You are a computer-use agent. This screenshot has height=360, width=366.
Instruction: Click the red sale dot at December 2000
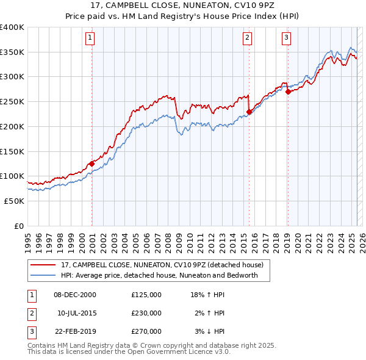(91, 164)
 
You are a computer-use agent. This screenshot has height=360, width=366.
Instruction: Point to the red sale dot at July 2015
(249, 112)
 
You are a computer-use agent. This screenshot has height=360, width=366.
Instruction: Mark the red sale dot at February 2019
(288, 92)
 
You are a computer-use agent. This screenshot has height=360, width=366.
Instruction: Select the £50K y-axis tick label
(15, 201)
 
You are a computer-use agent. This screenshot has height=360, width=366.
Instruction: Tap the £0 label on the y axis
(20, 226)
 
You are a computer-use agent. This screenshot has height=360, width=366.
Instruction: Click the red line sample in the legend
(43, 265)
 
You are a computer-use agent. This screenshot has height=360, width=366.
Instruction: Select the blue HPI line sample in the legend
(43, 275)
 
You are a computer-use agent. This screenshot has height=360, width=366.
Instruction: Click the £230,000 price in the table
(146, 313)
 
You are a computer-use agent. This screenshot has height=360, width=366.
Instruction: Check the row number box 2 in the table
(31, 313)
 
